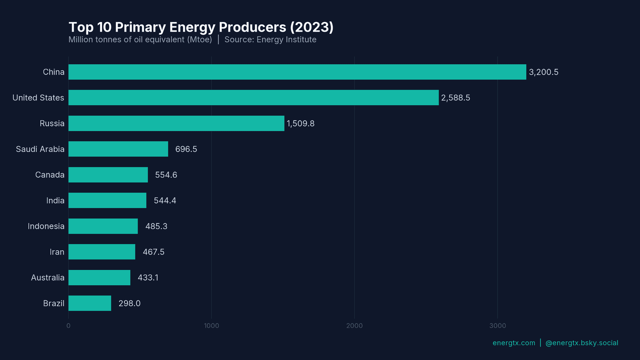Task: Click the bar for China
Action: click(297, 72)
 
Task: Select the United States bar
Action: click(253, 98)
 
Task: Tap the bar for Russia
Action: click(176, 123)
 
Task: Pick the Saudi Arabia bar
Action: click(118, 149)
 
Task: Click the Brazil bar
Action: click(90, 303)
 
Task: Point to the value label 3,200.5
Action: click(543, 72)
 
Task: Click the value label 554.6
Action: click(166, 175)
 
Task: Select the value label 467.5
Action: click(153, 252)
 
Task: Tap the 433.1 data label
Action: click(148, 278)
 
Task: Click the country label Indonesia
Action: click(46, 226)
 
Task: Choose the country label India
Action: click(55, 201)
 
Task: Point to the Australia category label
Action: click(48, 278)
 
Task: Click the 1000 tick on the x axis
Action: click(211, 326)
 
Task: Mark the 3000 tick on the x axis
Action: click(497, 326)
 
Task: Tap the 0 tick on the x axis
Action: click(68, 326)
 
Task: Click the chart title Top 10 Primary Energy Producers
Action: click(201, 27)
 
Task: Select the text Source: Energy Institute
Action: click(270, 40)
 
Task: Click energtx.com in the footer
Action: click(514, 343)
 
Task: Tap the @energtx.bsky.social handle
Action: click(582, 343)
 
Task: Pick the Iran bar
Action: click(102, 252)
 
